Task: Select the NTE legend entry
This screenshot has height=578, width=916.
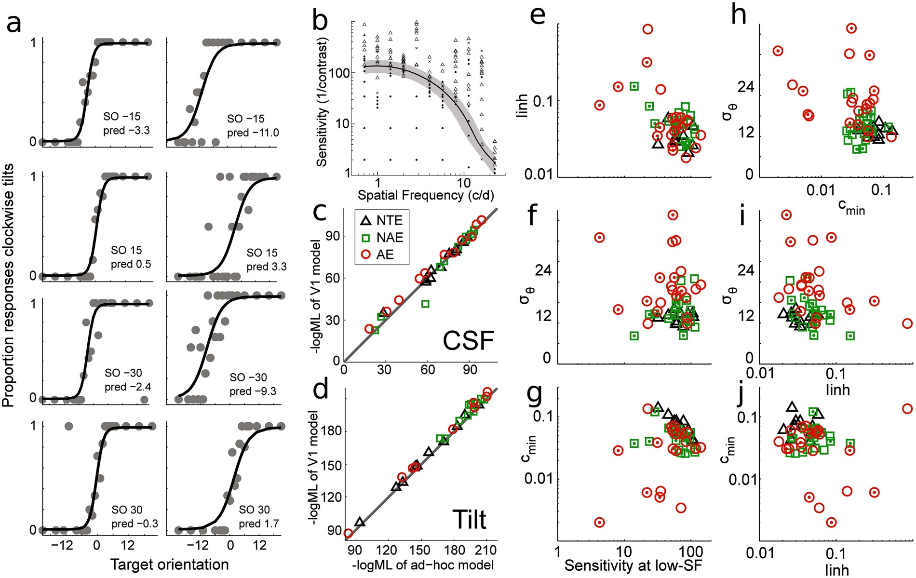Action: click(x=381, y=220)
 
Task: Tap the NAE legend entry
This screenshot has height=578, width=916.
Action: click(x=381, y=237)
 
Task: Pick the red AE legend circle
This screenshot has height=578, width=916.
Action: click(x=366, y=255)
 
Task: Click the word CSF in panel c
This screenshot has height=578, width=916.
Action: click(x=468, y=341)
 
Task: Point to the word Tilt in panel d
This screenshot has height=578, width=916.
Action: click(x=469, y=520)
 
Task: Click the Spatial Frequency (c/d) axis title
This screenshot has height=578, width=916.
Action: click(x=426, y=195)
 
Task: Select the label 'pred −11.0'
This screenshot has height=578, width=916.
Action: click(x=253, y=133)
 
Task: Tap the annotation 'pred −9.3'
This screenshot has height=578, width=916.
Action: click(x=253, y=391)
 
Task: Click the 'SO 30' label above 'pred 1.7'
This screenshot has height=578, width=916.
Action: click(x=254, y=510)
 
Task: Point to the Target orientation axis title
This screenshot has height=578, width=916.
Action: click(x=169, y=565)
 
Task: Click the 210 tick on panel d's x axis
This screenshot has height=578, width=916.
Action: click(x=485, y=550)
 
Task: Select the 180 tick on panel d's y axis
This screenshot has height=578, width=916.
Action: click(x=331, y=430)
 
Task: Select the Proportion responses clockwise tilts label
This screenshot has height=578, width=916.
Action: click(x=8, y=285)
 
